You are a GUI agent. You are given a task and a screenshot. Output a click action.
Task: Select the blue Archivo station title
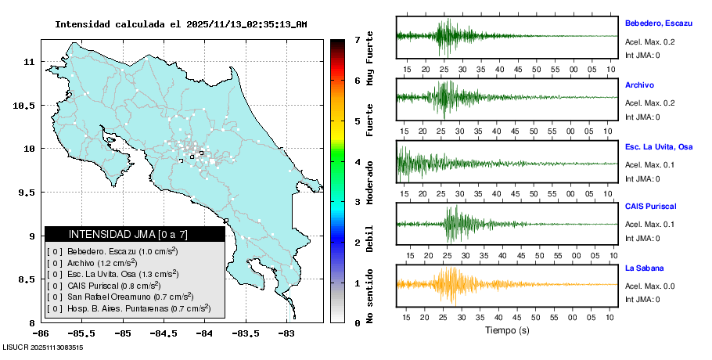[639, 85]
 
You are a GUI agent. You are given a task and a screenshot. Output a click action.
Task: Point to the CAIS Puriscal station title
[651, 207]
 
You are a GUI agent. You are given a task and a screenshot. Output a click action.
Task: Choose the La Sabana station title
[642, 268]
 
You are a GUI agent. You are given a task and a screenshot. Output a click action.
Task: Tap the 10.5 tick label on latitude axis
[28, 106]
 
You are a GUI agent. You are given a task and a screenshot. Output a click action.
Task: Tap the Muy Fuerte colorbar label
[369, 59]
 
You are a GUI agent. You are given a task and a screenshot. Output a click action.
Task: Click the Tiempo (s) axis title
[507, 330]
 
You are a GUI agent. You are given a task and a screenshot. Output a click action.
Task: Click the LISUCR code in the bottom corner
[43, 347]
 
